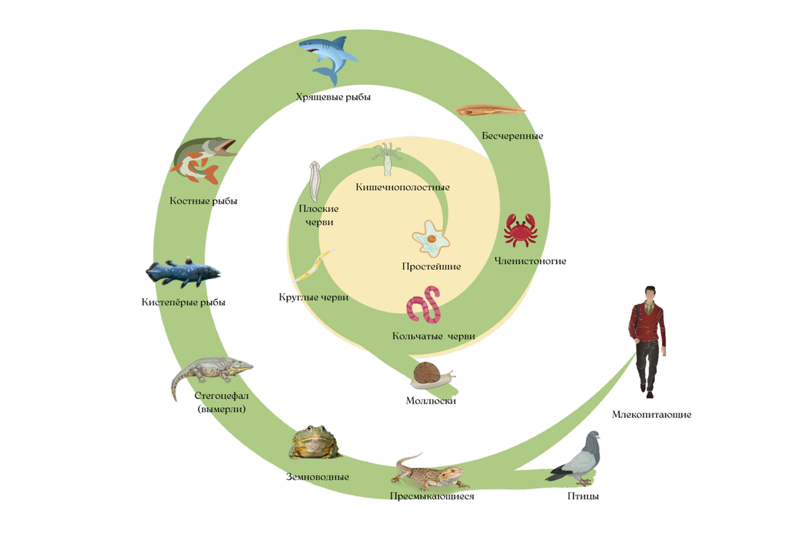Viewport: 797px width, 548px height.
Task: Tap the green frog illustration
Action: (313, 443)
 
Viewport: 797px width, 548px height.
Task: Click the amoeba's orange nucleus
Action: (432, 238)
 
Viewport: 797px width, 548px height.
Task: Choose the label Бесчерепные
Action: (512, 136)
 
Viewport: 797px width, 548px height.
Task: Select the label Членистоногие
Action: (530, 261)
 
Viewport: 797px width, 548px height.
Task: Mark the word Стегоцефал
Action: (221, 397)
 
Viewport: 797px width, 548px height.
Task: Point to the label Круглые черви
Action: (313, 298)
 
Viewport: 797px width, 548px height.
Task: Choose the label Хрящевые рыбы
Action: (333, 97)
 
